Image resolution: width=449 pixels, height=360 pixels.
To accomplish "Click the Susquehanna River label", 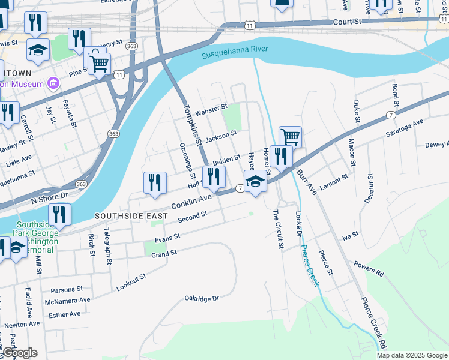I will [235, 52].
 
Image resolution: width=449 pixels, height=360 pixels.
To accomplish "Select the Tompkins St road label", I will [191, 125].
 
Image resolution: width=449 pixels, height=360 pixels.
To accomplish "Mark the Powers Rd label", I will [368, 267].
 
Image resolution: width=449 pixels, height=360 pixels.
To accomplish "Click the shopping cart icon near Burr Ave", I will [290, 136].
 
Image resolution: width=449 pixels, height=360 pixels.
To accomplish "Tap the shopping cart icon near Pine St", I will [99, 62].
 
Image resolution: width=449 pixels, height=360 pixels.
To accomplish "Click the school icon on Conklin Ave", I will [255, 181].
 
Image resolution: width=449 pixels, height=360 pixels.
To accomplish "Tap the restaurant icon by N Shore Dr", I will [59, 214].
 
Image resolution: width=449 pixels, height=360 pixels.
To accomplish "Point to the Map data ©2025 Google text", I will [412, 355].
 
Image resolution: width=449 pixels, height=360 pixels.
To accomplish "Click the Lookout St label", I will [131, 283].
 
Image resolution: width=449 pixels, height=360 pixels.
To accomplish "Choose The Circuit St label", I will [277, 229].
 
